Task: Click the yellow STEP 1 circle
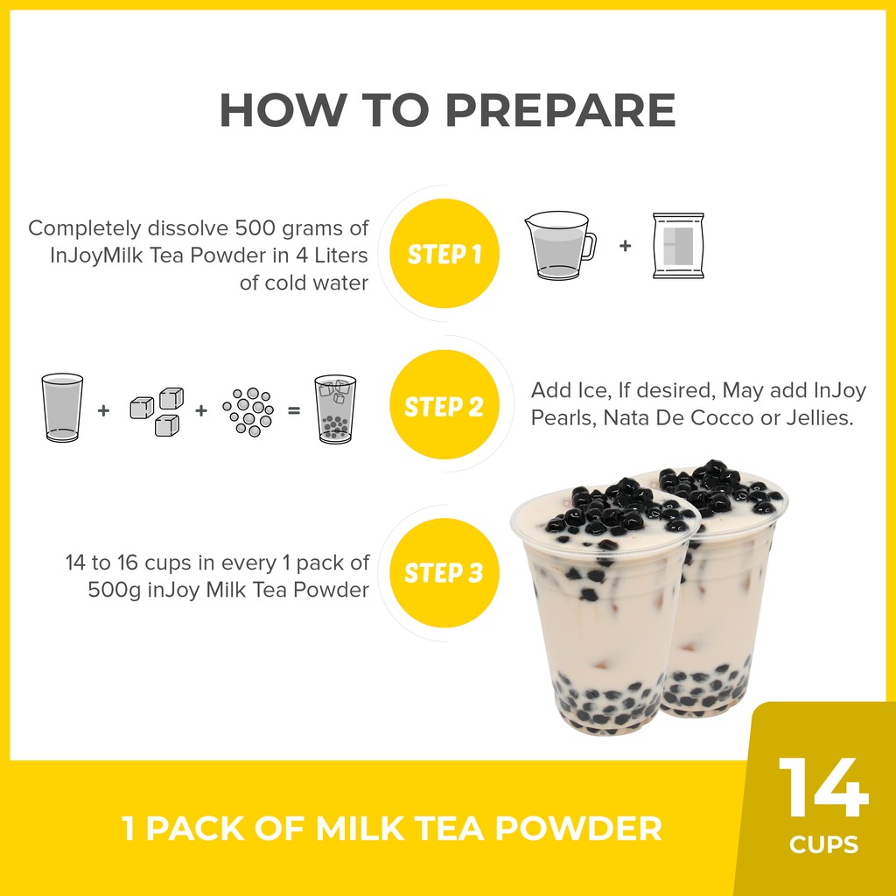click(x=444, y=253)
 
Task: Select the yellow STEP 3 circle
click(x=444, y=572)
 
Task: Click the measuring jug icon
click(x=560, y=246)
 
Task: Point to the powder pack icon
click(x=678, y=246)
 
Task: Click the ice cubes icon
click(x=157, y=411)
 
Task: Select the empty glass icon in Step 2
click(x=62, y=407)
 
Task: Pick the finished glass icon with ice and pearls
click(x=335, y=409)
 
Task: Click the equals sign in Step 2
click(x=294, y=410)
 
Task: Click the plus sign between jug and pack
click(x=625, y=246)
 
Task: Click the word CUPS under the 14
click(x=823, y=844)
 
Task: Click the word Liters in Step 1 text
click(x=341, y=255)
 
